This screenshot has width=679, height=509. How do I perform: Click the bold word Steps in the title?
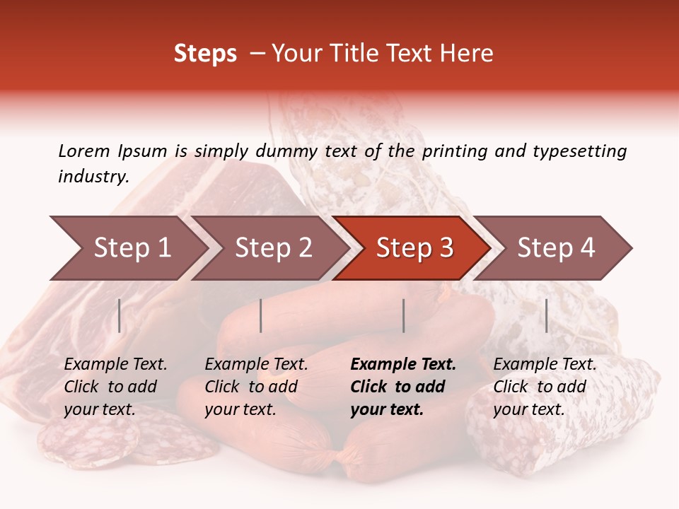click(205, 54)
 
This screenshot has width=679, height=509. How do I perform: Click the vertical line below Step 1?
click(119, 315)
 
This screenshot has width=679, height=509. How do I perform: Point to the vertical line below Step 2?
click(261, 315)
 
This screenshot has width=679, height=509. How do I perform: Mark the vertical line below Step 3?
click(403, 315)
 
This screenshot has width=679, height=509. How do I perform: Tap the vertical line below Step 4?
click(546, 315)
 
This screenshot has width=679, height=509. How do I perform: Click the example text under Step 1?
click(115, 387)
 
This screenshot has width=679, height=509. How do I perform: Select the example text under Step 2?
click(256, 387)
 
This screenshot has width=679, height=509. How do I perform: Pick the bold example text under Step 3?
click(403, 387)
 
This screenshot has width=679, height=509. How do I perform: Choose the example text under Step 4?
click(545, 387)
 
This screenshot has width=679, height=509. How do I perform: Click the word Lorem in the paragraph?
click(84, 151)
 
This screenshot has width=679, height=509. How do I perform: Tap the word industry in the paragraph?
click(93, 177)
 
